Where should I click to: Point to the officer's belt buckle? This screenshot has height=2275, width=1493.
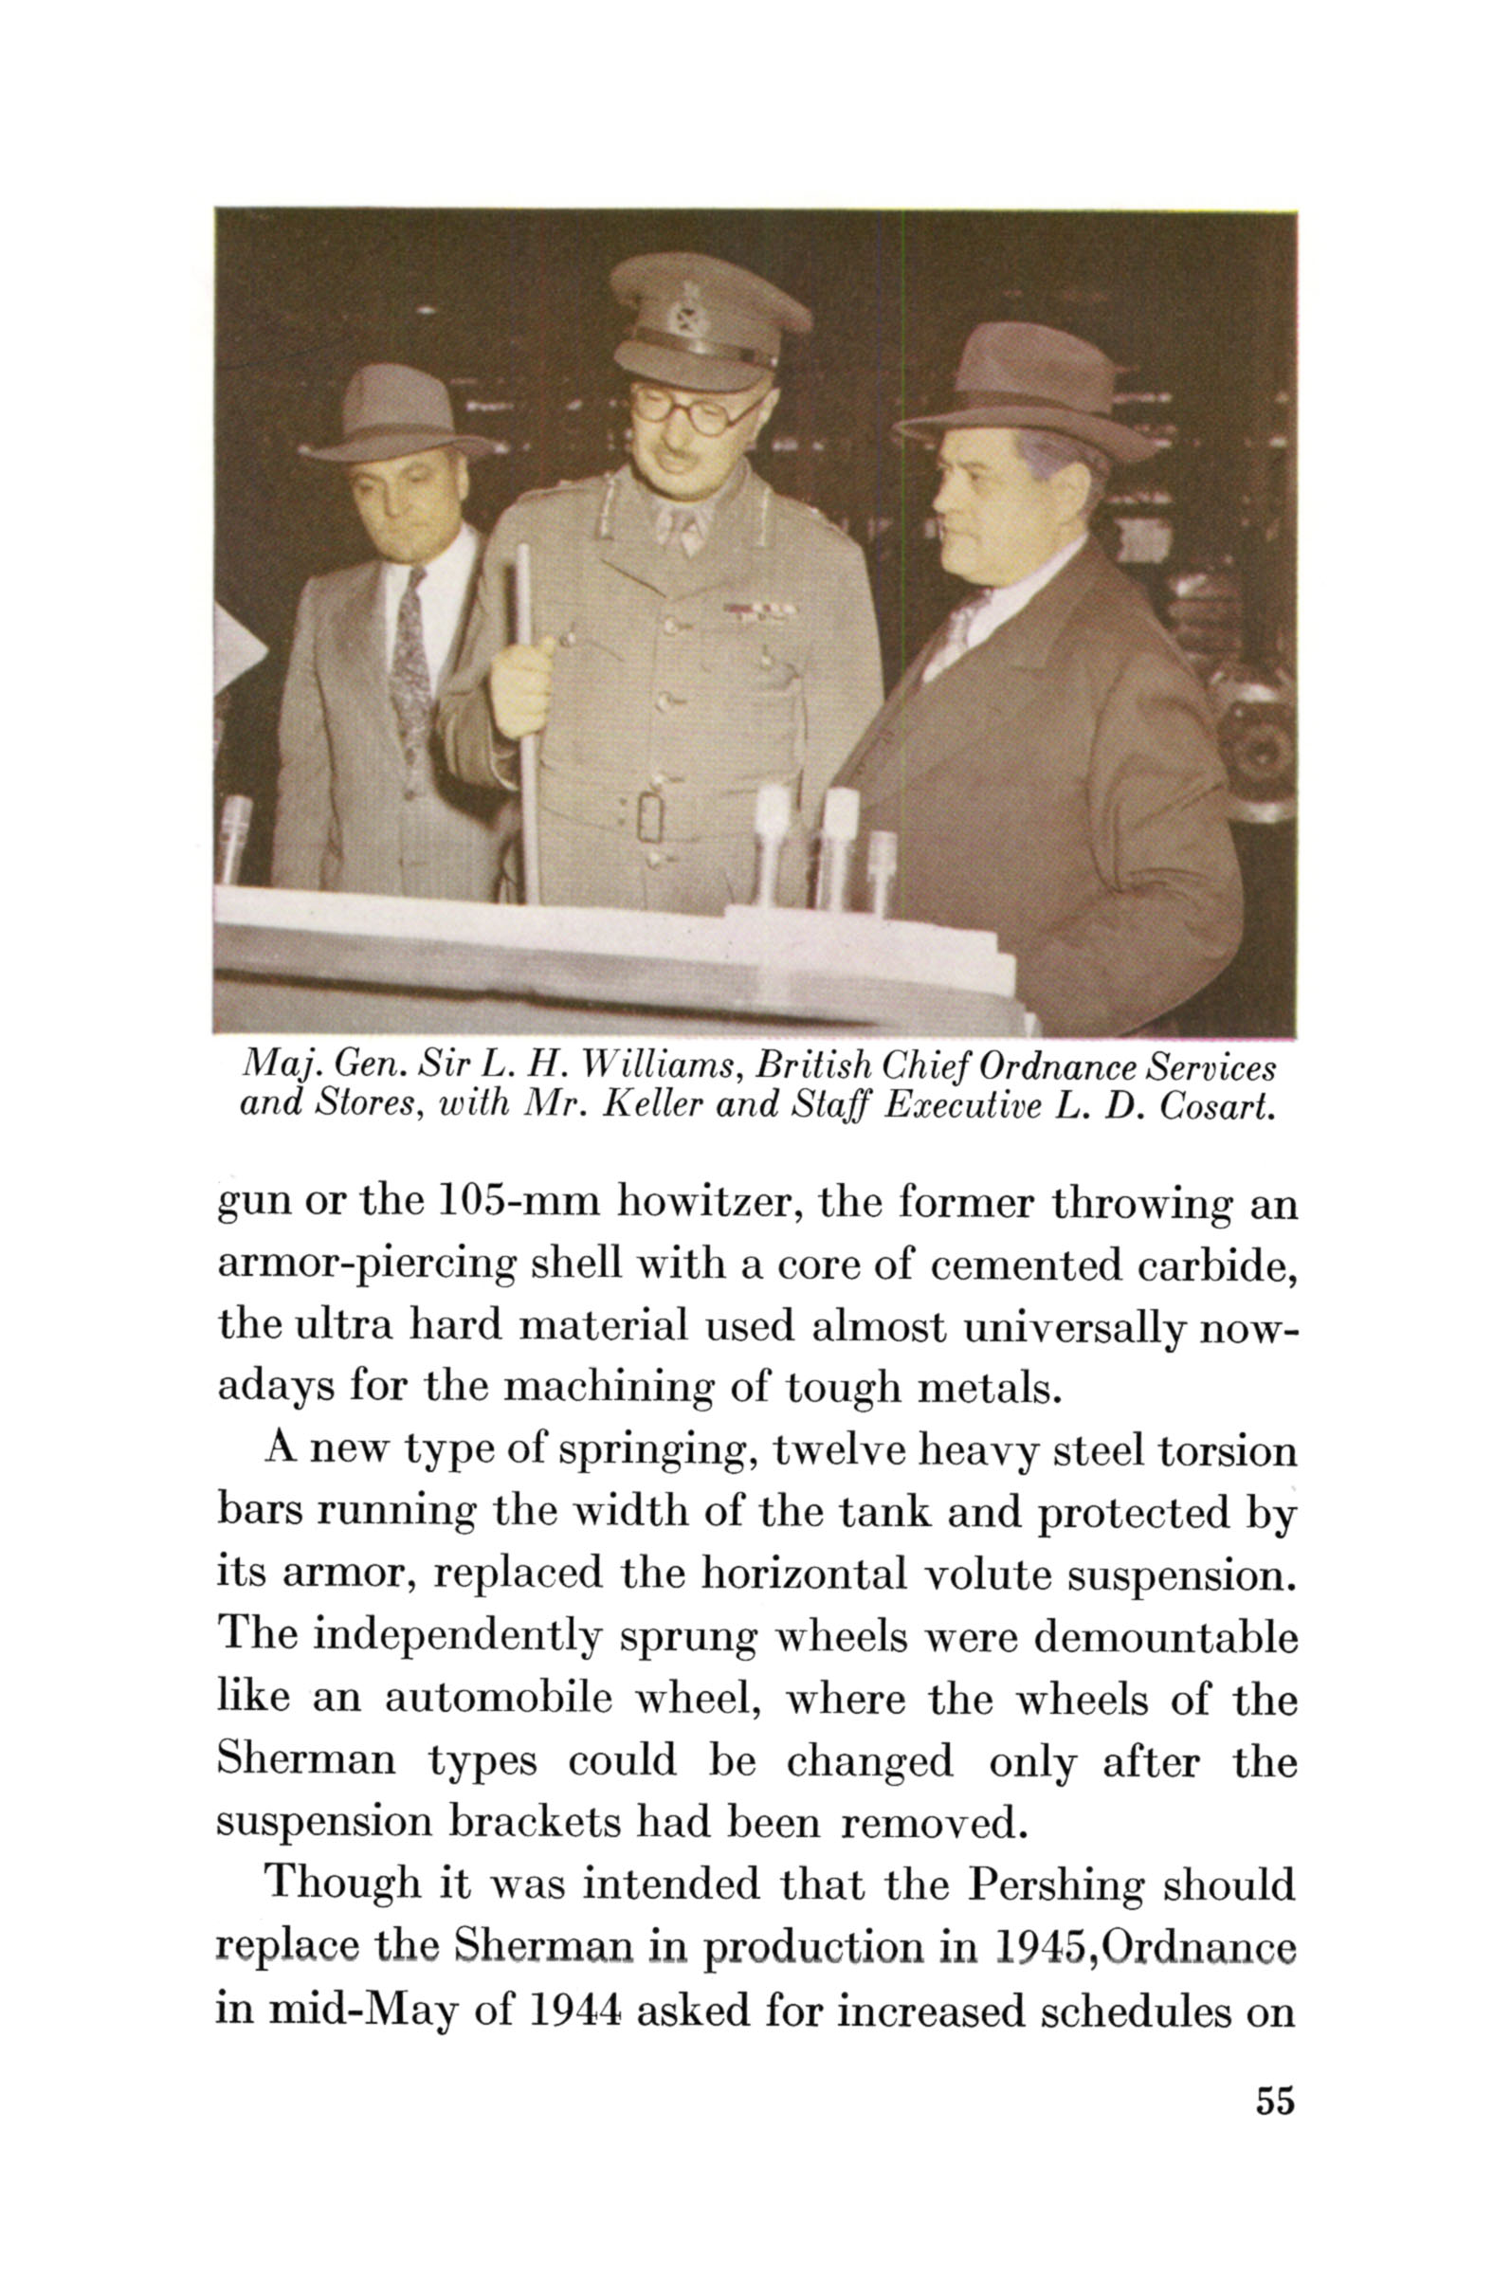(x=650, y=815)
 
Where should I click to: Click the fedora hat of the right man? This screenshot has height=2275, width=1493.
(x=1026, y=393)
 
